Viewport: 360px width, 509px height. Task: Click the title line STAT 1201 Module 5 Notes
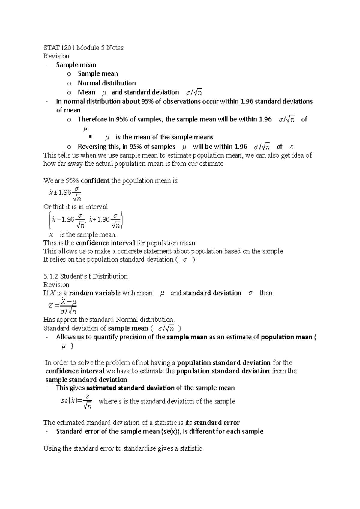83,48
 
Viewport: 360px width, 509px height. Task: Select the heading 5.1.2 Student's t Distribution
85,276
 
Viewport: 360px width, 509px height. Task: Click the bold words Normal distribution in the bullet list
107,83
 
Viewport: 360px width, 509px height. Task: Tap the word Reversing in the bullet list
92,147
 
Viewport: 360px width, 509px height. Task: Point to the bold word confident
95,181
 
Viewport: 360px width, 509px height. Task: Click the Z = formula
63,306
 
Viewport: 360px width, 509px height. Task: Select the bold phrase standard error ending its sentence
217,423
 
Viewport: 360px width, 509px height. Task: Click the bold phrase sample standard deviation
86,380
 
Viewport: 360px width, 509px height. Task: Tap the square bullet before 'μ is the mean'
90,137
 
